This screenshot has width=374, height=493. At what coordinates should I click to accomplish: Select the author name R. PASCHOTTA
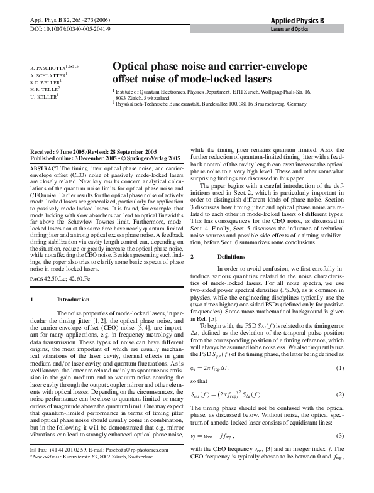[x=47, y=66]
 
